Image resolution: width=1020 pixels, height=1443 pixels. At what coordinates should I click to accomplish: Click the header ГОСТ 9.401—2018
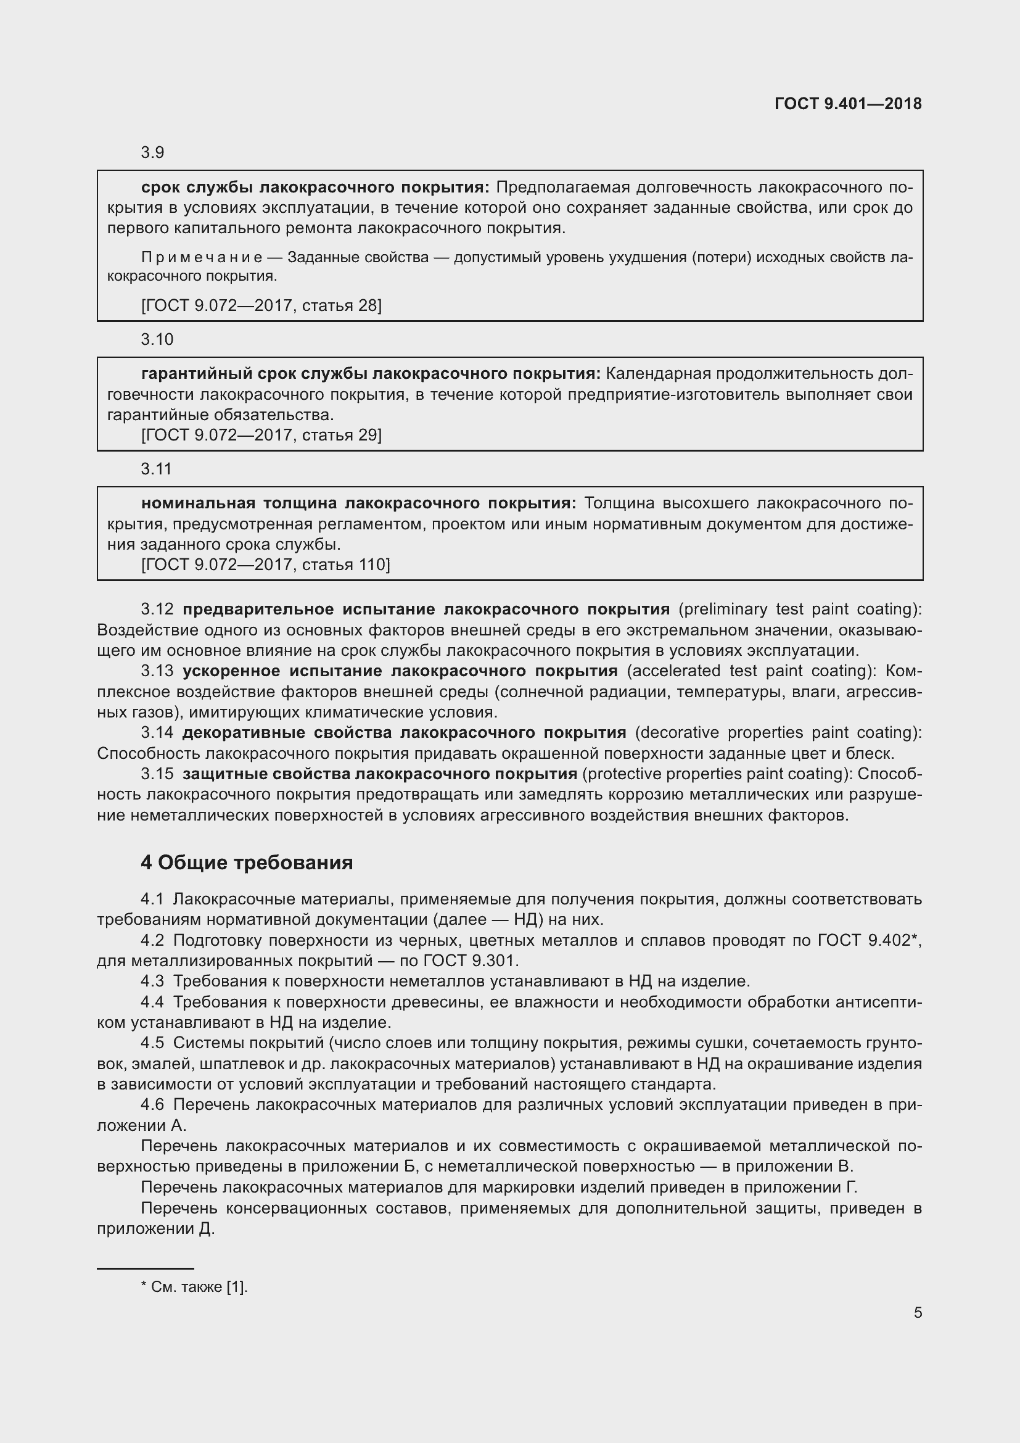(x=848, y=104)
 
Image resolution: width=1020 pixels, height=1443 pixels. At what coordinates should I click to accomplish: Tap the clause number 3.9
(x=152, y=152)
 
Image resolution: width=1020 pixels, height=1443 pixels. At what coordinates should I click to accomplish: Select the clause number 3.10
(x=157, y=339)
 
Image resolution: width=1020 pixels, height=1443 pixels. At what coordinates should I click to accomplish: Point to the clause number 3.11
(x=157, y=469)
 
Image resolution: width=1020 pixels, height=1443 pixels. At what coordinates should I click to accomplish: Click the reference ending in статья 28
(x=261, y=305)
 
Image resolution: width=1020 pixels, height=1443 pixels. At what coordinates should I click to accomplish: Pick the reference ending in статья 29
(x=261, y=435)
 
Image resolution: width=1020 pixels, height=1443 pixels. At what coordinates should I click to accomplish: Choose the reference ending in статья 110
(x=265, y=564)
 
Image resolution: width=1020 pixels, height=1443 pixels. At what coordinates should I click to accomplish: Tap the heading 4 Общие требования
(x=246, y=862)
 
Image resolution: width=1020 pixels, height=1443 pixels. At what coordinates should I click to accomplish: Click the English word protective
(x=620, y=774)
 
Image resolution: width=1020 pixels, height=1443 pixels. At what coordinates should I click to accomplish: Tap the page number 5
(x=918, y=1313)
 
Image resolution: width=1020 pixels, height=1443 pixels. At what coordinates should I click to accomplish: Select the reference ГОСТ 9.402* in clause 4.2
(x=869, y=940)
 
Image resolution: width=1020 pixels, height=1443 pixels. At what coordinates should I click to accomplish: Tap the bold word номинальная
(x=198, y=503)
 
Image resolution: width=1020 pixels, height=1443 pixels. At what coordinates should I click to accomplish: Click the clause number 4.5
(x=152, y=1043)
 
